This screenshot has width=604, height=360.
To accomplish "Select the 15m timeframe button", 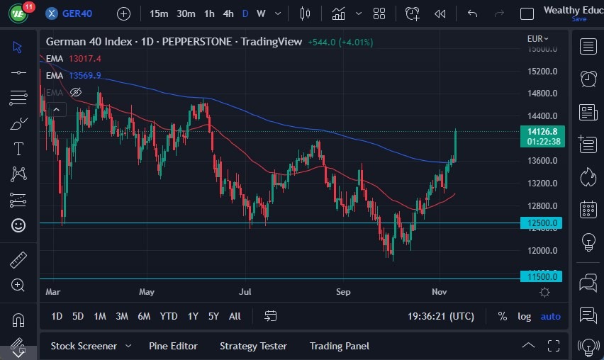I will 159,13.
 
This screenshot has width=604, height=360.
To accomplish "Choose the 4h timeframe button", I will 228,13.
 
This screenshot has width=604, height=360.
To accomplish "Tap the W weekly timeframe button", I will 261,13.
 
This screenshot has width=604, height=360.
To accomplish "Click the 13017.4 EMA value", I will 85,59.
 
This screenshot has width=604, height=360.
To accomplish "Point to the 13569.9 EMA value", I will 85,76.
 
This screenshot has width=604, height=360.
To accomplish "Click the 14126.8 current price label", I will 542,131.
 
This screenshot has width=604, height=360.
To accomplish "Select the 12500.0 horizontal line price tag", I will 542,223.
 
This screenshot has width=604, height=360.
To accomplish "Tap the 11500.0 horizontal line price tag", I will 542,277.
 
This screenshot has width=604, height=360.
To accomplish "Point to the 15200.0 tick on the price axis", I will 542,72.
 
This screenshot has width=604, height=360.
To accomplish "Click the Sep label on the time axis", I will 343,291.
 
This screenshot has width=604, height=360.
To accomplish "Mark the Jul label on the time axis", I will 245,291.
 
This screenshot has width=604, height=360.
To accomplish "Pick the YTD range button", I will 169,316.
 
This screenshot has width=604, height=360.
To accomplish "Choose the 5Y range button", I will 213,316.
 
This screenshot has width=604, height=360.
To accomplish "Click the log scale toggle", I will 524,316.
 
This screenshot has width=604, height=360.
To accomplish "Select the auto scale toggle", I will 550,316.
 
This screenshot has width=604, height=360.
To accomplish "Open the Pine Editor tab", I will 173,346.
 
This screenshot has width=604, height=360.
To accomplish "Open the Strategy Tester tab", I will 253,346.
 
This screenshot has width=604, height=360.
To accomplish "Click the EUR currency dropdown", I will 538,39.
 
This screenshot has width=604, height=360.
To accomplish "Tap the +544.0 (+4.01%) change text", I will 340,42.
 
